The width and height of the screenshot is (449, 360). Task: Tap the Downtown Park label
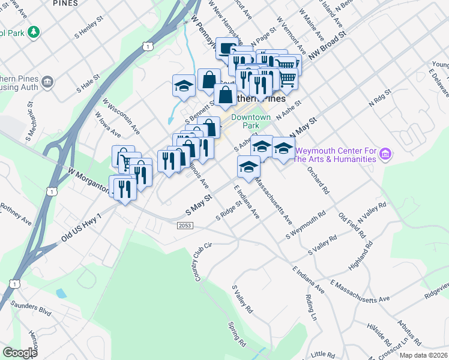tap(251, 122)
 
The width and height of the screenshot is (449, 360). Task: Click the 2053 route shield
tap(185, 225)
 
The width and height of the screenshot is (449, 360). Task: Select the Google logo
tap(20, 353)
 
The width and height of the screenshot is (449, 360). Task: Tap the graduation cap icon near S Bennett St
tap(184, 85)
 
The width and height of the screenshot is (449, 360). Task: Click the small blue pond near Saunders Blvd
tap(61, 294)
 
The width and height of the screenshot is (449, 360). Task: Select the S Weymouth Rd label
tap(306, 224)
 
